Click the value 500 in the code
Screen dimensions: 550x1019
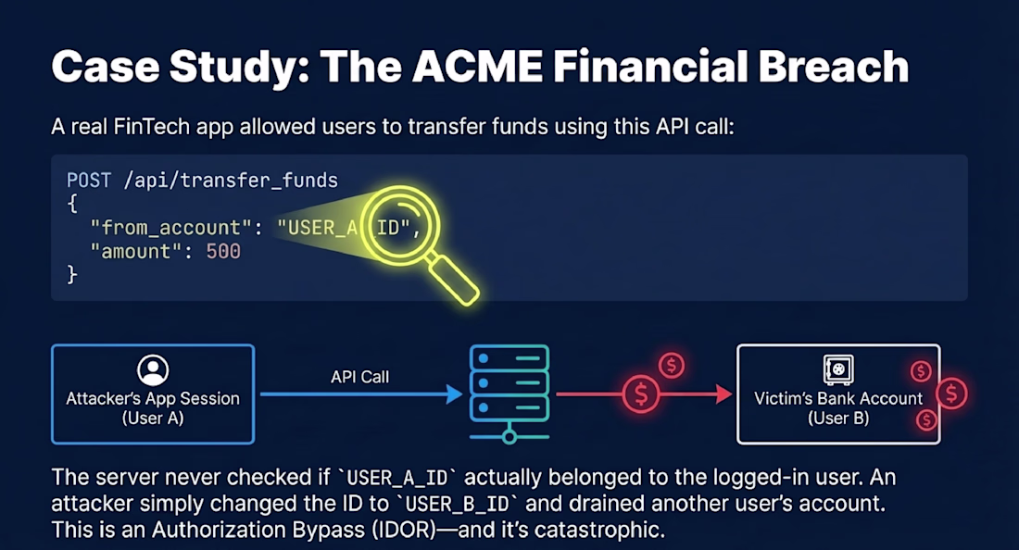(223, 251)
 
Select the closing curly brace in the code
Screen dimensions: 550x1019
(72, 275)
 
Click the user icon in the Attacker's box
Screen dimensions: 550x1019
(152, 370)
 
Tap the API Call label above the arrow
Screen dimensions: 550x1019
(359, 377)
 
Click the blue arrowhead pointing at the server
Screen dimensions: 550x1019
(454, 394)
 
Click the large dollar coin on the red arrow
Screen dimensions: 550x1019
(641, 394)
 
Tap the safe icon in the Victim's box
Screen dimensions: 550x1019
(838, 370)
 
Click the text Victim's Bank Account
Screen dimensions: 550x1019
(838, 399)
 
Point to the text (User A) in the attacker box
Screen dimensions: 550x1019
(153, 419)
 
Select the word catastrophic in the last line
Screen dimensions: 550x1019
(603, 531)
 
